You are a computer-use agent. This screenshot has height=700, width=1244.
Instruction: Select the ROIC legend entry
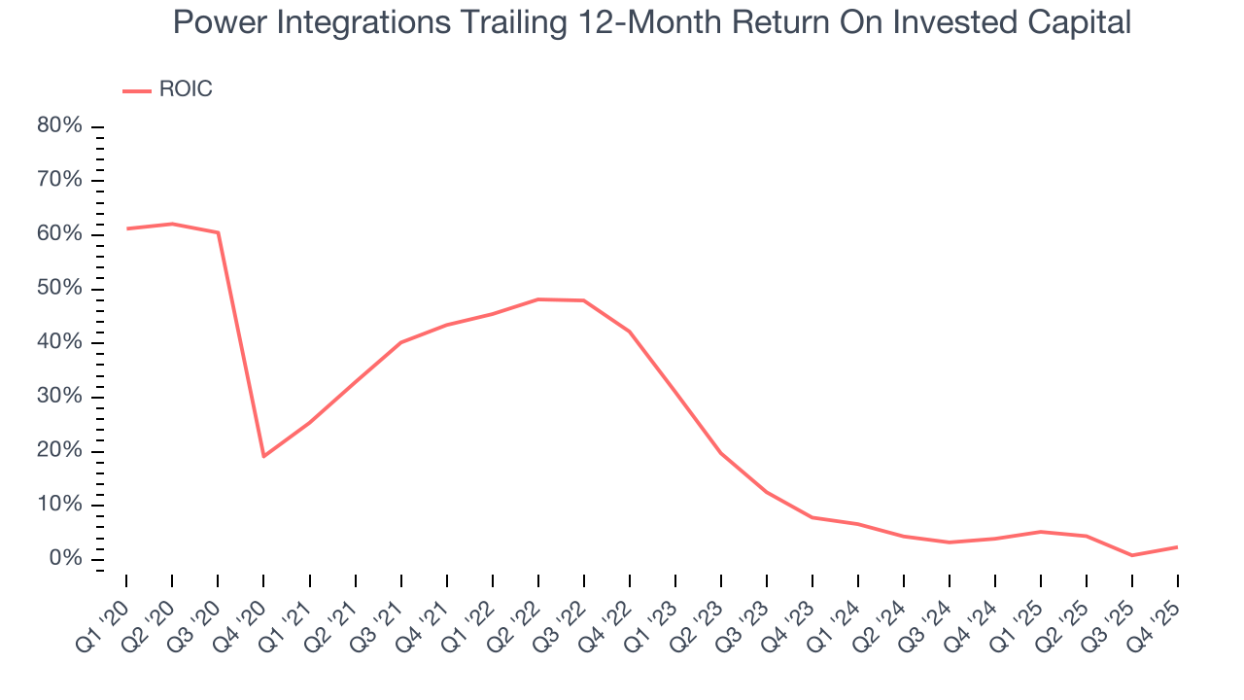click(167, 89)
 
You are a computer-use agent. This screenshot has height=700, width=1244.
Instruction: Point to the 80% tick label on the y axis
click(59, 126)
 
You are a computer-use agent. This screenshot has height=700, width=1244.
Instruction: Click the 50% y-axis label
click(59, 289)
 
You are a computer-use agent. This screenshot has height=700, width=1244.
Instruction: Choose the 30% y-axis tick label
click(59, 397)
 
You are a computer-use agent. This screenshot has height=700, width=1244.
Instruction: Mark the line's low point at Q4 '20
click(263, 456)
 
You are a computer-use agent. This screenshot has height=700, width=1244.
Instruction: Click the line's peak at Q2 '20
click(172, 224)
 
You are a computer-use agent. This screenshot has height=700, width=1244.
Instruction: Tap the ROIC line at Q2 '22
click(537, 299)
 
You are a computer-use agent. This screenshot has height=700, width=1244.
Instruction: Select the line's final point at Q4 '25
click(1178, 546)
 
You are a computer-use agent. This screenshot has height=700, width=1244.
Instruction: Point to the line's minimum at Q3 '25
click(1132, 555)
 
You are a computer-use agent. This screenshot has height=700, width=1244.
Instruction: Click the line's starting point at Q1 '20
click(126, 228)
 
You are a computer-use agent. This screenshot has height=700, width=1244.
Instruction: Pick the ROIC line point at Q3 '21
click(400, 342)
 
